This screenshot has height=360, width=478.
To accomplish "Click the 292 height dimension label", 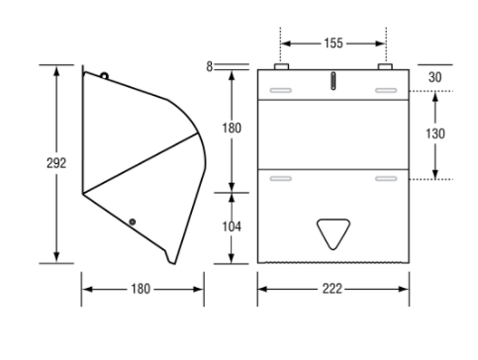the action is click(x=56, y=163).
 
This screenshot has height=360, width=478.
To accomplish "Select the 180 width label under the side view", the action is click(x=141, y=289).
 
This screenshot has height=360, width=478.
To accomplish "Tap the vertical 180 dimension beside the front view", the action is click(x=232, y=128).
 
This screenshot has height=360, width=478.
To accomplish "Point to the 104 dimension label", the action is click(x=232, y=226).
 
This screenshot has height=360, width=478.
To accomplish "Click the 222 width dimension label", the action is click(x=333, y=289).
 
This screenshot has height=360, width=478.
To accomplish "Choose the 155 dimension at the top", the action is click(x=334, y=44).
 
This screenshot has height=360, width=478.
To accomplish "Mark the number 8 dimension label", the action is click(x=210, y=66).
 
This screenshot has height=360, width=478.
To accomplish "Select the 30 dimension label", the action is click(x=434, y=77).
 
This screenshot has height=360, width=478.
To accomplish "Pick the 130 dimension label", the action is click(x=434, y=134).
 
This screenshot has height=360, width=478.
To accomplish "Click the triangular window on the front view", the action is click(x=334, y=232).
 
